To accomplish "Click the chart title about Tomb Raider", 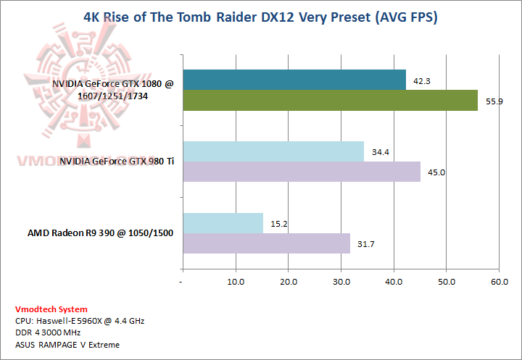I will coord(261,16).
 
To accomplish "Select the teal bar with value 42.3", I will coord(294,80).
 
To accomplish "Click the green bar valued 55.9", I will coord(330,100).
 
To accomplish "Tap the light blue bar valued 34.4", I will coord(273,151).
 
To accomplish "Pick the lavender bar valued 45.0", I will coord(302,172).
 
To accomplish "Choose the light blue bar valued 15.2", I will coord(223,223).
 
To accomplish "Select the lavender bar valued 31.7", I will coord(266,243).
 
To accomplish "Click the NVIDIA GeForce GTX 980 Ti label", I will coord(117,162).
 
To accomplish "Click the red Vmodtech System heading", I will coord(51,309).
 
